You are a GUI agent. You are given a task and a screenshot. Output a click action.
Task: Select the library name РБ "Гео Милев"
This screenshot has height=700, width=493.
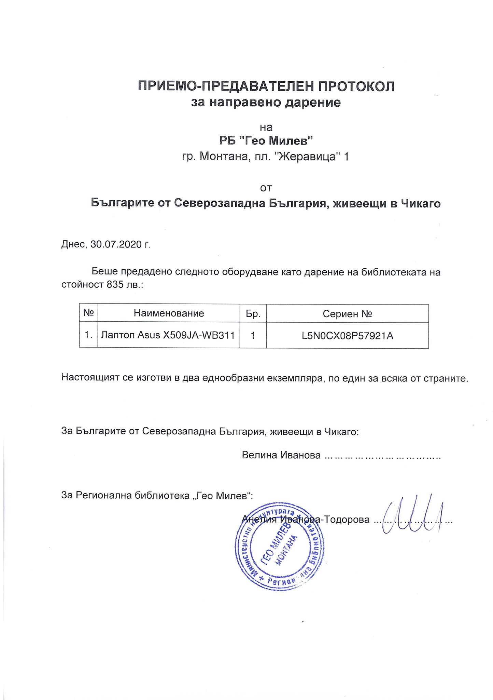point(266,140)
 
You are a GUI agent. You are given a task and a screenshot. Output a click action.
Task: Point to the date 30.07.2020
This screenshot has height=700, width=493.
point(116,245)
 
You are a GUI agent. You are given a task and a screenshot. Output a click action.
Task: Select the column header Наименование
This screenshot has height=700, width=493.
point(169,313)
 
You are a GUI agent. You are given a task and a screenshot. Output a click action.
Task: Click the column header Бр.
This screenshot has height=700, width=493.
point(253,313)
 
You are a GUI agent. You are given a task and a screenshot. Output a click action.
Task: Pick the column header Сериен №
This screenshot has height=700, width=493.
point(347,313)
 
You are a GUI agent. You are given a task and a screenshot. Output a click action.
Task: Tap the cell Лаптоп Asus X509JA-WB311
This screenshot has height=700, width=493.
point(168,335)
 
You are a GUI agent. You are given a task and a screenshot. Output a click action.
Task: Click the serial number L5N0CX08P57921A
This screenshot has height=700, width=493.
point(348,336)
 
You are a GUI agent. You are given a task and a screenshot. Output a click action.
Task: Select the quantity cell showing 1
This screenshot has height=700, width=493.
point(253,336)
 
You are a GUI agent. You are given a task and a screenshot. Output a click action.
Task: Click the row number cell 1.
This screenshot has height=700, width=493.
point(89,335)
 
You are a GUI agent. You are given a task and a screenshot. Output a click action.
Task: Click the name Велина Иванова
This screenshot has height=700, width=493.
point(281,455)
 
